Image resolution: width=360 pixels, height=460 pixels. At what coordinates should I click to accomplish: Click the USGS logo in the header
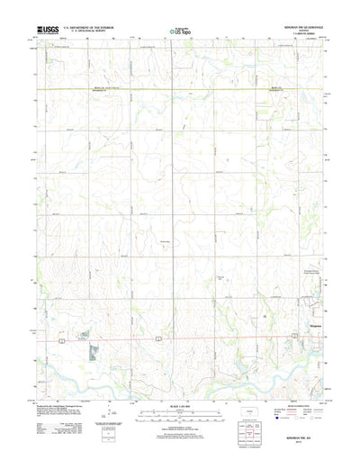45,31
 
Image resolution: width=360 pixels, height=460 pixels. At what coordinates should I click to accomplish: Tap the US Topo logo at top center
179,32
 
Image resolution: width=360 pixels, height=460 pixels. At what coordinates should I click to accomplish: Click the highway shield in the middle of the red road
159,338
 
